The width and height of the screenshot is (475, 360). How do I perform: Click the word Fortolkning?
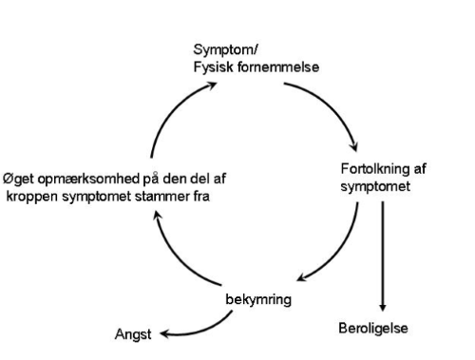click(372, 169)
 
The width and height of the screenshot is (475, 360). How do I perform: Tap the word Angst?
click(134, 333)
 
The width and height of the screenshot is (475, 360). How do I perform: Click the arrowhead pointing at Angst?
click(161, 334)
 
